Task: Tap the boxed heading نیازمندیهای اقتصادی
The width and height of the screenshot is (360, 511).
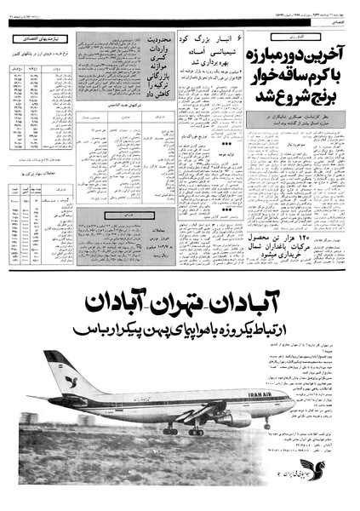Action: (43, 43)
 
